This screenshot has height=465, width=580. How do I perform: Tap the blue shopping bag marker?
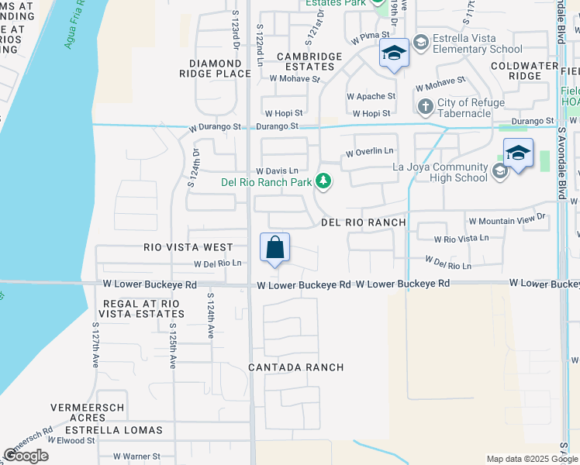pos(275,248)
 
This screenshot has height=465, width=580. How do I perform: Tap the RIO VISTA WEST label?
pos(188,247)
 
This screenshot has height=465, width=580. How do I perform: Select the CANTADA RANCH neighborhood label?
pos(295,367)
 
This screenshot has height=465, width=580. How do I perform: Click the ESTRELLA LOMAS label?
pos(116,429)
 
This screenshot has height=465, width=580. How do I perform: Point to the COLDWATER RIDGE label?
pos(525,71)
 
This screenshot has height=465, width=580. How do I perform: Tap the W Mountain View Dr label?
pos(507,221)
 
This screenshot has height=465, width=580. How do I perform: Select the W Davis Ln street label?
pos(277,170)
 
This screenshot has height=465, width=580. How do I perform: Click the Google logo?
pos(26,456)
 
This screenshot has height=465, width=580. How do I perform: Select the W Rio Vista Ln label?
pos(461,239)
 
